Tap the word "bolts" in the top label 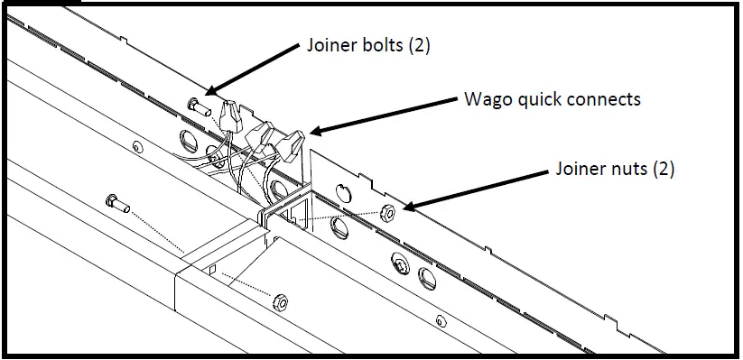tap(377, 46)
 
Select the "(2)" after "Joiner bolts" tap(416, 46)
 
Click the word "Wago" tap(486, 98)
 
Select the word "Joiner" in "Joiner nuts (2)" tap(580, 168)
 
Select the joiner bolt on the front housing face tap(116, 202)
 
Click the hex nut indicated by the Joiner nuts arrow tap(387, 213)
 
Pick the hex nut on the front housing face tap(281, 301)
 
